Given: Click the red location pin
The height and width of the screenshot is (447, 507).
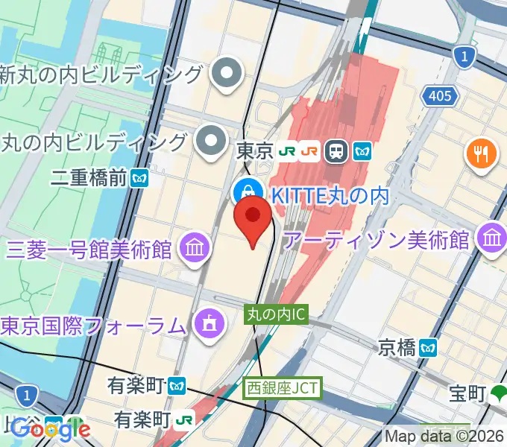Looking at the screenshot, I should coord(253,219).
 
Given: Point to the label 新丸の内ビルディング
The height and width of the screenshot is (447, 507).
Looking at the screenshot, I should coord(101,74).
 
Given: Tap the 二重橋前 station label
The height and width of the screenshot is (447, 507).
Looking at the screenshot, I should coord(89,178).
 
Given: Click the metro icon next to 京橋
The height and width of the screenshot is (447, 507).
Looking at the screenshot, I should coord(427,347).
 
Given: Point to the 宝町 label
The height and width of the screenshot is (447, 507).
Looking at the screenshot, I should coord(467,392).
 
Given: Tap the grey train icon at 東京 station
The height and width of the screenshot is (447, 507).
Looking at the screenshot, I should coord(338,152).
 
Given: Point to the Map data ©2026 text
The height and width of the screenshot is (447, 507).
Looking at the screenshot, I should coord(444,436).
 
